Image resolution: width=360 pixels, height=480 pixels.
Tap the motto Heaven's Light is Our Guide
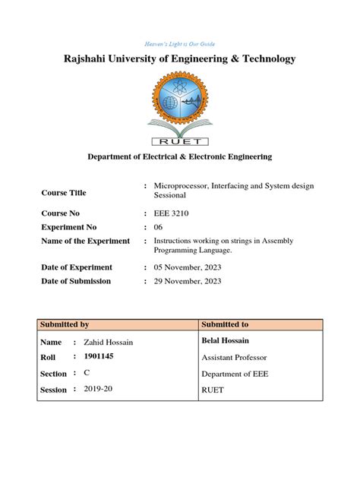tap(179, 44)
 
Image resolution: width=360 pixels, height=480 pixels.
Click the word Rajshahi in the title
tap(90, 58)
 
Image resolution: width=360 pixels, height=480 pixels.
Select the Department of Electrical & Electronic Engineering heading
tap(179, 156)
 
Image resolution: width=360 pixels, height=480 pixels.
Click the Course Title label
tap(63, 192)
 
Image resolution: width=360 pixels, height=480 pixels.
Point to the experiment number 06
tap(159, 227)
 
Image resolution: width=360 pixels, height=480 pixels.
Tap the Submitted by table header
tap(65, 325)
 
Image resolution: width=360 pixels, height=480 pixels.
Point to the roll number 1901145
tap(99, 356)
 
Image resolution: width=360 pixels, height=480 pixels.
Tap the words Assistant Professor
tap(235, 357)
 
